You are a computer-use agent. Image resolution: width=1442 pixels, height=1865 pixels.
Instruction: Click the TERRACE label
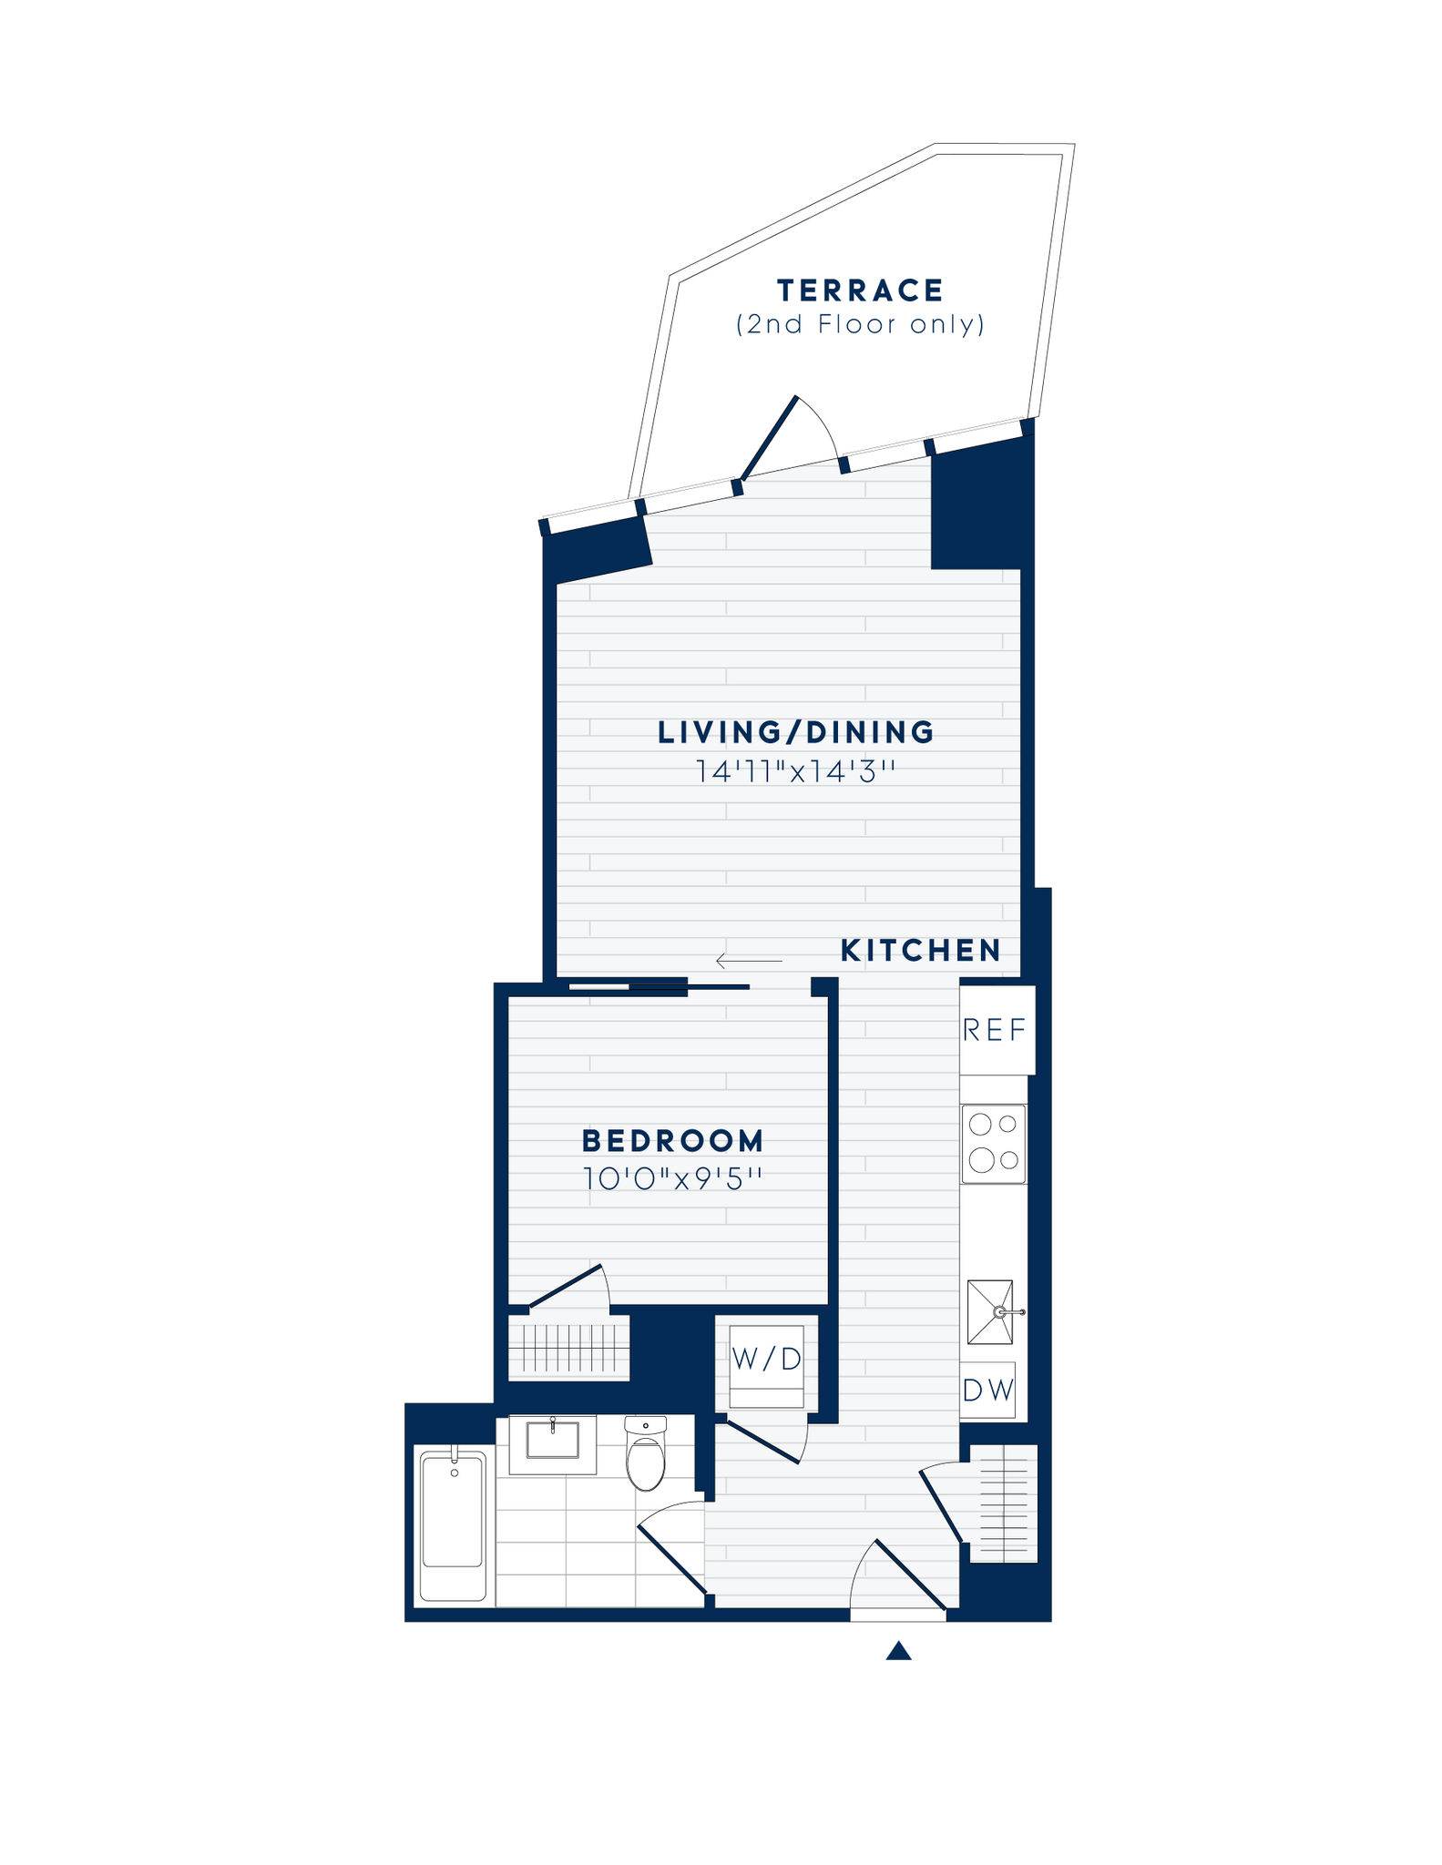tap(860, 291)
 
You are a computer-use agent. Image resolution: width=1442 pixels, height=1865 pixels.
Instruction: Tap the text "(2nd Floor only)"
tap(860, 325)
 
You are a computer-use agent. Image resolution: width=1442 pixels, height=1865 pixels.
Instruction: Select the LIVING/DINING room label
tap(796, 732)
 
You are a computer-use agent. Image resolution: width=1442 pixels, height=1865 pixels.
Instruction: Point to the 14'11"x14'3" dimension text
tap(796, 772)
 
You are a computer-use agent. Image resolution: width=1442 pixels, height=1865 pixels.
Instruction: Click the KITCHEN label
tap(920, 951)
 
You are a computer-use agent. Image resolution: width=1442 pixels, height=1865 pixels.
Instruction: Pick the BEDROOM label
tap(673, 1140)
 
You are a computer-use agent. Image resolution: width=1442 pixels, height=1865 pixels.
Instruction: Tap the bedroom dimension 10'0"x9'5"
tap(673, 1179)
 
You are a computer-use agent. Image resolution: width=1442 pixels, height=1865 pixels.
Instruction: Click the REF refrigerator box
tap(997, 1030)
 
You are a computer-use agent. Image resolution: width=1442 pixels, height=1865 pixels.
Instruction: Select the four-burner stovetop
tap(994, 1144)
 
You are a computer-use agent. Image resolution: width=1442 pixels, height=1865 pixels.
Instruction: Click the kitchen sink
tap(990, 1312)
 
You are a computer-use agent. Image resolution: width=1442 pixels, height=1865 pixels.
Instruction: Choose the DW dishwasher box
tap(988, 1391)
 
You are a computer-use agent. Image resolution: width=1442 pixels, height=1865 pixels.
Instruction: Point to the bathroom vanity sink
tap(552, 1441)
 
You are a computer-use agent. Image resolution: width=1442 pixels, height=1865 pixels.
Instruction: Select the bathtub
tap(453, 1524)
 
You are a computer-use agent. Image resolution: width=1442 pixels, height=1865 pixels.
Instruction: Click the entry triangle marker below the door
tap(898, 1652)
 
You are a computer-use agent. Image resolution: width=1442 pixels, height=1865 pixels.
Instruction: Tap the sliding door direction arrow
tap(749, 961)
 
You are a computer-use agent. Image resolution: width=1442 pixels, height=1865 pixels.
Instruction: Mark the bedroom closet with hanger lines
tap(569, 1347)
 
